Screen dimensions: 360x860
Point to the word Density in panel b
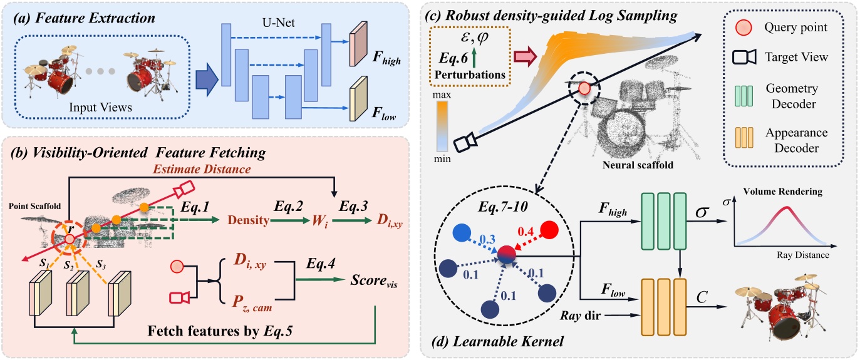(x=247, y=221)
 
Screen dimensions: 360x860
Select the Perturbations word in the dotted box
(x=469, y=74)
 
